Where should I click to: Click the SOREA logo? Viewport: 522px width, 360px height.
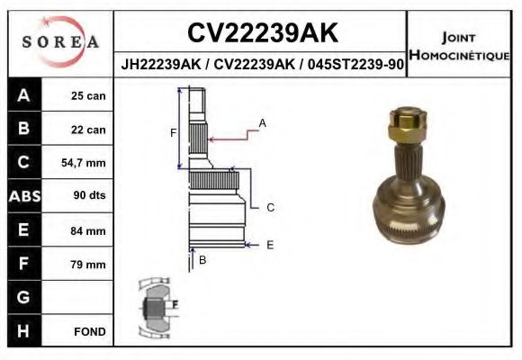(60, 41)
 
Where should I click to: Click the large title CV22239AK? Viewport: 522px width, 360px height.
(263, 32)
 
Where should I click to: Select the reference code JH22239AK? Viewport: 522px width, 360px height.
(161, 64)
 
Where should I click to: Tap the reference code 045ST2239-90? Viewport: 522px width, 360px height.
(355, 64)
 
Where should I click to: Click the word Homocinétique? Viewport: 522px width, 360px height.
(459, 55)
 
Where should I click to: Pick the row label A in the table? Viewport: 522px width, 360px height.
(24, 95)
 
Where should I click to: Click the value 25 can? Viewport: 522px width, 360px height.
(88, 96)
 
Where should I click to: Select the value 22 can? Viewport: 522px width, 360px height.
(88, 130)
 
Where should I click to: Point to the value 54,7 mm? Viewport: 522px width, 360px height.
(84, 163)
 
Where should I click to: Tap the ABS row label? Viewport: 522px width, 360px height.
(24, 196)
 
